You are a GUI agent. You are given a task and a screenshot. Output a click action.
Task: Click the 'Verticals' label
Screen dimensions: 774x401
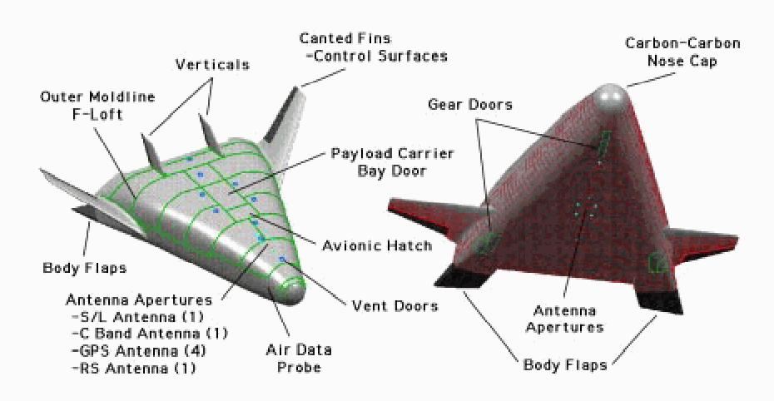212,65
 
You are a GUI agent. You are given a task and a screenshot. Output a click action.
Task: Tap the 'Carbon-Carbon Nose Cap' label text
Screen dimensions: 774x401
682,52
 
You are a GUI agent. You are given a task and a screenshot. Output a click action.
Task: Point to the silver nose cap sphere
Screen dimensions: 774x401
610,100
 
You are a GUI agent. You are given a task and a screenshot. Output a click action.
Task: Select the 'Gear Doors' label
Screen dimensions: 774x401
470,105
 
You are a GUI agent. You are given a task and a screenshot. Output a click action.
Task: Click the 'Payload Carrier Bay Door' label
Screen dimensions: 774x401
392,162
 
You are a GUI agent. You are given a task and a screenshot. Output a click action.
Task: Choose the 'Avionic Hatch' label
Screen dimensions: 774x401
377,245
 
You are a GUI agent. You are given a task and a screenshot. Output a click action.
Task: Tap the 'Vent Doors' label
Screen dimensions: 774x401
394,306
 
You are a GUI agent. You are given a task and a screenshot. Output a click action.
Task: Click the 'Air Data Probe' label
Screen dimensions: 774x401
299,359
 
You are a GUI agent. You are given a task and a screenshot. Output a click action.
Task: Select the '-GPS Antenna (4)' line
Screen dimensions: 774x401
139,351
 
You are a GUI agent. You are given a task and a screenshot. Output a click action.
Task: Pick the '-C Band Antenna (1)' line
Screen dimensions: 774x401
150,334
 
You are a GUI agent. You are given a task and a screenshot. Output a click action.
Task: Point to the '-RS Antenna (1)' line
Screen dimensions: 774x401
133,369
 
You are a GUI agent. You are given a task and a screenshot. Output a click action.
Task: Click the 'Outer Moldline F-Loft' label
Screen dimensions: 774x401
97,105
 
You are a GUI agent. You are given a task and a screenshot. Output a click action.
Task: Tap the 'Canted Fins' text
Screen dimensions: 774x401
345,38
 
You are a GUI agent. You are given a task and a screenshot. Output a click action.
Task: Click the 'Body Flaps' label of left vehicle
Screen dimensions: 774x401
84,269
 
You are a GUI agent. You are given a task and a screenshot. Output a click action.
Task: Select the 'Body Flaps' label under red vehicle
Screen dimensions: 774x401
565,365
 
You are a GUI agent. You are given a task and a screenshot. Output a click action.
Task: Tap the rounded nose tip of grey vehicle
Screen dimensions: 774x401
293,290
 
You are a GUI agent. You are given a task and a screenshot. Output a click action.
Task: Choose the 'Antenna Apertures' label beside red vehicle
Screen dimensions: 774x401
565,319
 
